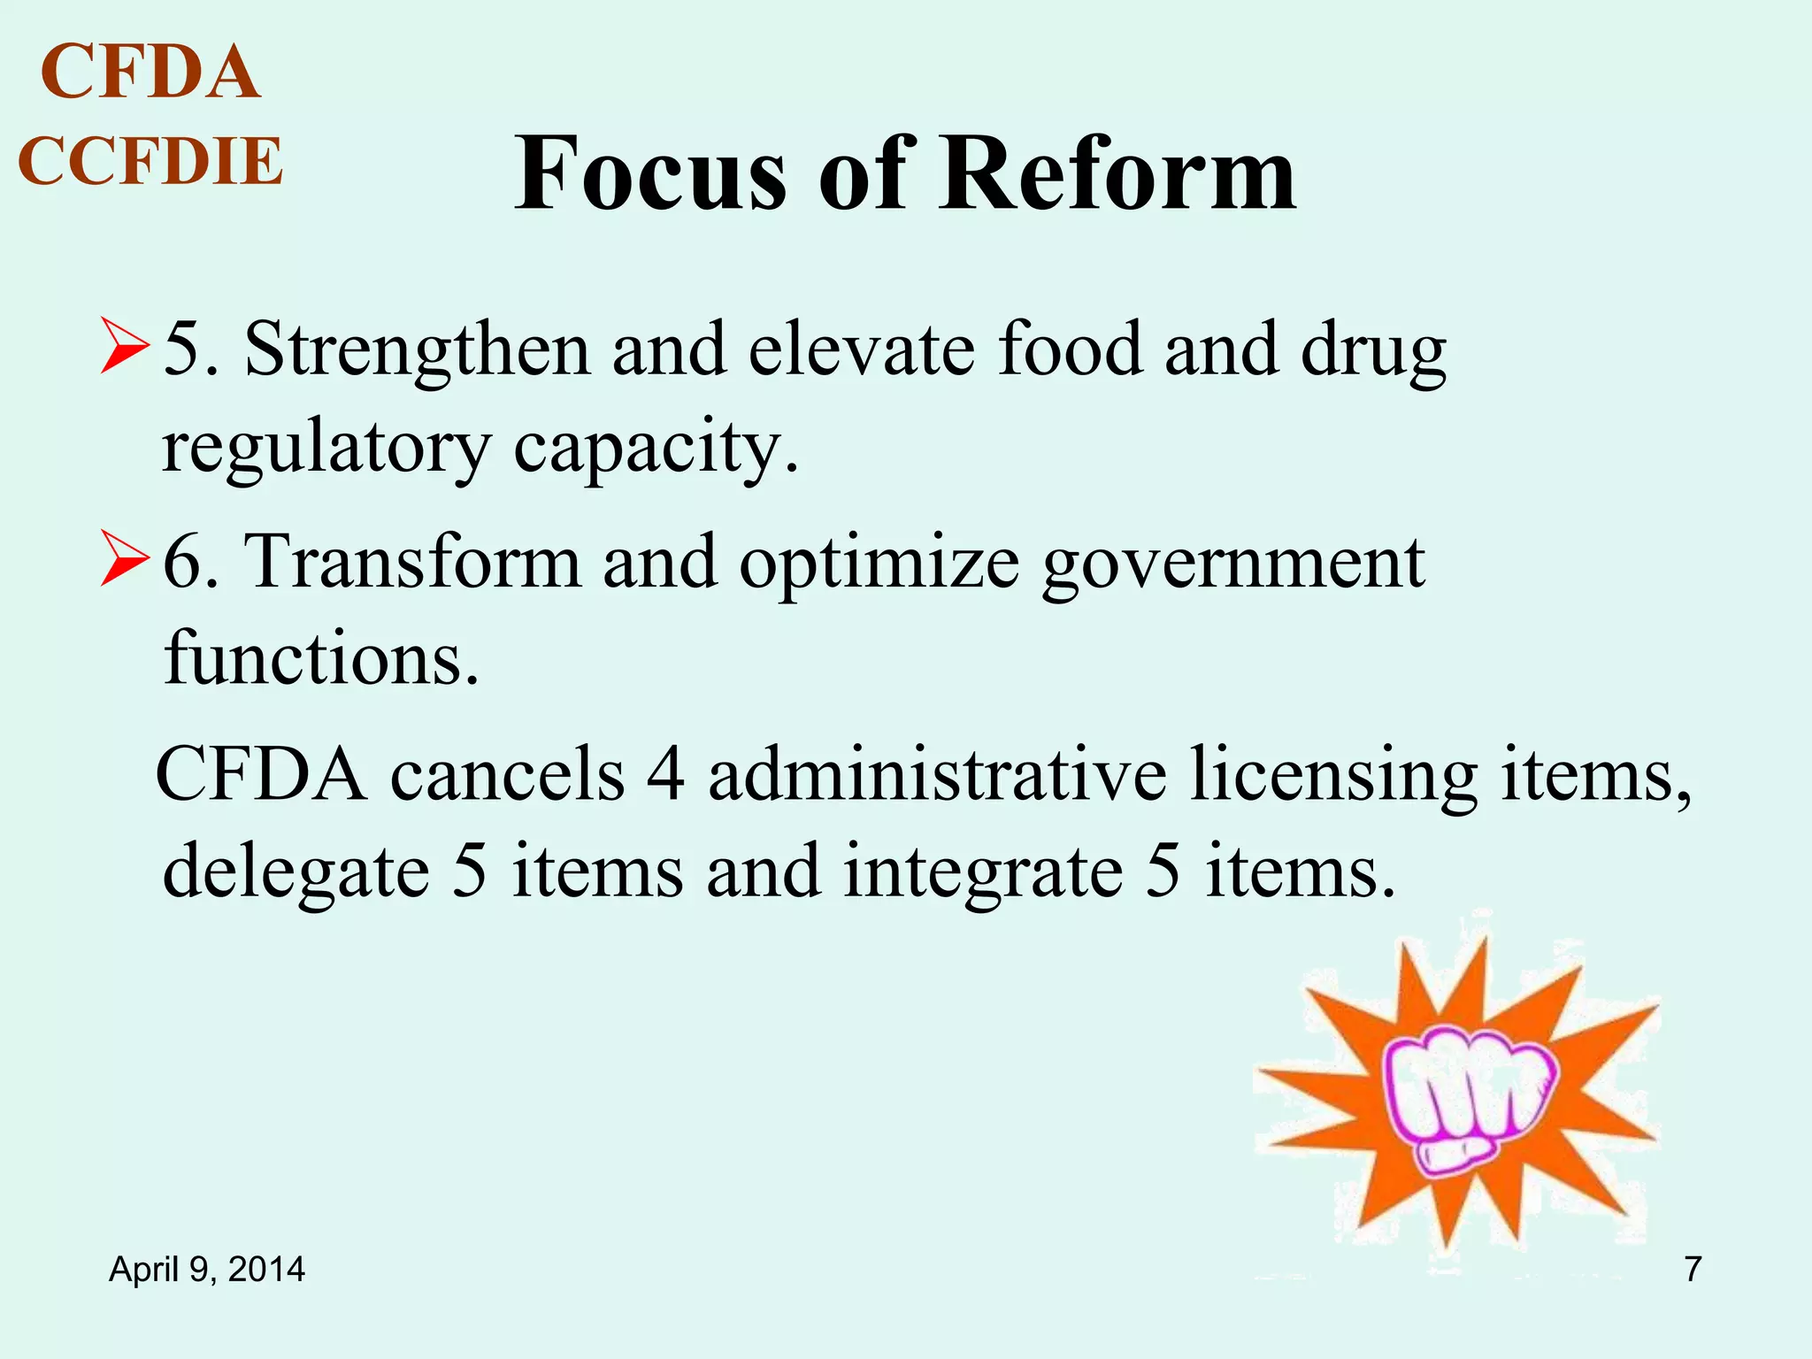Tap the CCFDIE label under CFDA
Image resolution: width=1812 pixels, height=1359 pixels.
[150, 162]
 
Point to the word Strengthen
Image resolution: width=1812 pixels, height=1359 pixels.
[417, 351]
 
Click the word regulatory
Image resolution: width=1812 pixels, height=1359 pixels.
[325, 449]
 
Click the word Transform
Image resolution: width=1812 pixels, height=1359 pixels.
[412, 563]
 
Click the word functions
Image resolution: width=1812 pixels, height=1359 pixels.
[321, 659]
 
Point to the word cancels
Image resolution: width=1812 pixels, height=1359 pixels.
[508, 774]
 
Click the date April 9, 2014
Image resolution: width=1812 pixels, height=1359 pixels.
[206, 1270]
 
